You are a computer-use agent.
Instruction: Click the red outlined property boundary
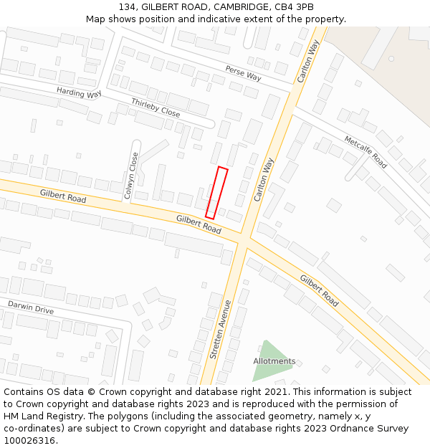point(216,192)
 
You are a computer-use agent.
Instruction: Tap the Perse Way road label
point(244,73)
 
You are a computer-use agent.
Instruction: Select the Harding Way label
point(79,93)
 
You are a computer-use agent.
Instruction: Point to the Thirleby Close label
point(156,108)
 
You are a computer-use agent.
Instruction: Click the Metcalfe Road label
point(365,151)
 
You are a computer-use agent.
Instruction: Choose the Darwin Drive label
point(31,308)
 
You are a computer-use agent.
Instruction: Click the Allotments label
point(274,361)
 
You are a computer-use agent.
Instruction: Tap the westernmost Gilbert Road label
point(63,195)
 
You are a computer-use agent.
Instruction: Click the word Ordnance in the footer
point(338,429)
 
